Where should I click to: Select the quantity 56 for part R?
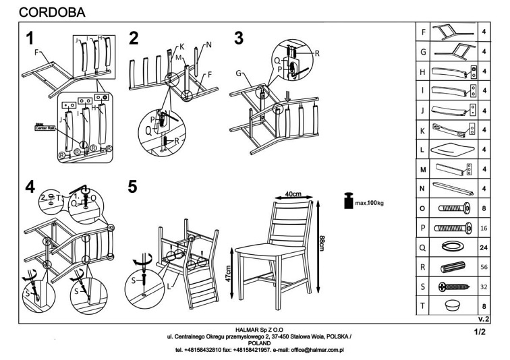[x=483, y=266]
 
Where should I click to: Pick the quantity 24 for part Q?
[x=483, y=247]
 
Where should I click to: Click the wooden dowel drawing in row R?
[x=449, y=266]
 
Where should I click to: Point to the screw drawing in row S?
[x=449, y=286]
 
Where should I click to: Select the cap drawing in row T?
[x=450, y=305]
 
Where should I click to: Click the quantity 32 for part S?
[x=483, y=286]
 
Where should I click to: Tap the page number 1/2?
[x=480, y=332]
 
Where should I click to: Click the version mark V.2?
[x=482, y=318]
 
